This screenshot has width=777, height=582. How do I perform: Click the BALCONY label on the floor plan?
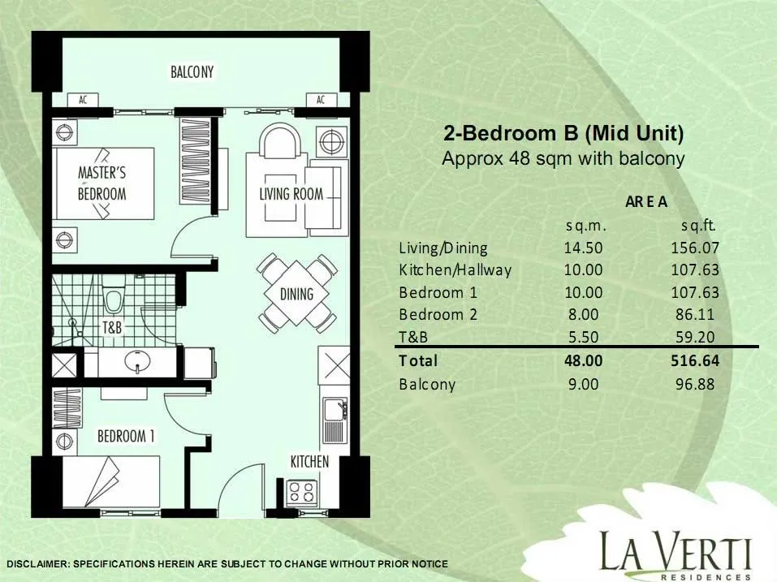[192, 72]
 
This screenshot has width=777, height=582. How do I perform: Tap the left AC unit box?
[83, 100]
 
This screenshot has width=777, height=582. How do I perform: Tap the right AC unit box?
[321, 100]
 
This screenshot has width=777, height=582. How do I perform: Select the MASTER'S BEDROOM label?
[102, 183]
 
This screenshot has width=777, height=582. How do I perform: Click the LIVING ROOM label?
[291, 194]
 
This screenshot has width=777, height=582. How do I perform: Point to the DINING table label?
[297, 294]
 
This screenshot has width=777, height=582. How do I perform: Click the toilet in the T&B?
[114, 298]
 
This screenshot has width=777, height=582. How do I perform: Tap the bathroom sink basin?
[137, 360]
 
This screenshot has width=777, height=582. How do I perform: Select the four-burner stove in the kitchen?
[301, 493]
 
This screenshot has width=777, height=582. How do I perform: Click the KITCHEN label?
[309, 462]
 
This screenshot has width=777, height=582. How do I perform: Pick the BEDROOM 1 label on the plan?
[126, 436]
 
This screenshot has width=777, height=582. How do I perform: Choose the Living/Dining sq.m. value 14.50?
[583, 248]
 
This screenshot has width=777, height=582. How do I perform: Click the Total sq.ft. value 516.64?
[695, 360]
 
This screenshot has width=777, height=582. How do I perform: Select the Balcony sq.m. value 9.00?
[583, 384]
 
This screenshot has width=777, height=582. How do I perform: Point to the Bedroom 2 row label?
[438, 314]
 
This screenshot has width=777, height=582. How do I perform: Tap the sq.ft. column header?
[698, 226]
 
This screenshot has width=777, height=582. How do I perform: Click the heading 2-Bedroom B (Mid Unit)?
[563, 133]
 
